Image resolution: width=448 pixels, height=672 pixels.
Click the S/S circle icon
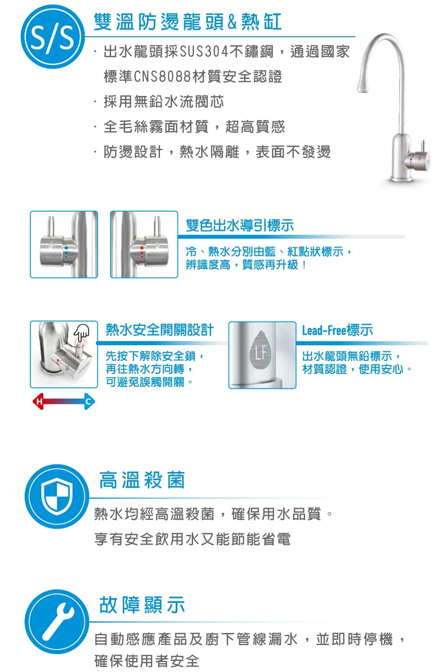click(52, 37)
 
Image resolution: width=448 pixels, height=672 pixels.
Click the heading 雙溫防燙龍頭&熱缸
click(188, 22)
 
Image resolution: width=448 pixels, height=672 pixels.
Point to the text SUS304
click(204, 52)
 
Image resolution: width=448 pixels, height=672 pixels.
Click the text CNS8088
click(163, 77)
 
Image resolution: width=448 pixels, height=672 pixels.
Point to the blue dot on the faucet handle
click(66, 248)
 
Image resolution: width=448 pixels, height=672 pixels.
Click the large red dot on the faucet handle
click(142, 248)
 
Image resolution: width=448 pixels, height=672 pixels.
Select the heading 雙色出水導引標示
click(240, 225)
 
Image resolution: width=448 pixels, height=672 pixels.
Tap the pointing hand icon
click(81, 332)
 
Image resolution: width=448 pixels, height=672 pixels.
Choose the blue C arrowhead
click(89, 401)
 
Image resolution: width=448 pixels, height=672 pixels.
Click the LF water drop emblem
click(261, 350)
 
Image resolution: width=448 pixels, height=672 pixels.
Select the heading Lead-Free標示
click(338, 330)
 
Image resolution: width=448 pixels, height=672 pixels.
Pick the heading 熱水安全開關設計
click(160, 330)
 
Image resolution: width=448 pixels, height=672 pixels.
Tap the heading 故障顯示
click(142, 605)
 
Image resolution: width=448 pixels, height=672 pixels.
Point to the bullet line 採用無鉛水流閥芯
click(164, 101)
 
